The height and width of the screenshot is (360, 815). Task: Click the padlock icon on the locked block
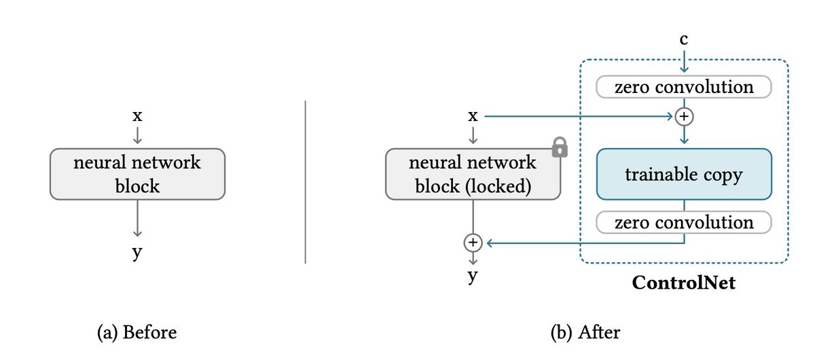click(559, 147)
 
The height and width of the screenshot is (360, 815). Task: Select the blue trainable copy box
click(684, 175)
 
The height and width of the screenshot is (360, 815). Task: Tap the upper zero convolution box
click(684, 87)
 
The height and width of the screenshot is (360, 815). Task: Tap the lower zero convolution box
click(684, 222)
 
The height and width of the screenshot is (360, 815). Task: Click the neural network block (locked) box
click(473, 174)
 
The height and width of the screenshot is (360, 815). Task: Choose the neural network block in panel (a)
click(137, 174)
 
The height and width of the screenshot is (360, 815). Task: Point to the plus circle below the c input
click(684, 116)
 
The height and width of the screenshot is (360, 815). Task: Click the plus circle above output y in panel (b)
click(473, 241)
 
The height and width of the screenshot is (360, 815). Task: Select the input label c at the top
click(684, 40)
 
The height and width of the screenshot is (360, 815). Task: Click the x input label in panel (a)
click(137, 116)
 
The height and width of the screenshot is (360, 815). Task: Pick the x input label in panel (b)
click(473, 116)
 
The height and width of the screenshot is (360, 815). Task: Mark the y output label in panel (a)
click(137, 253)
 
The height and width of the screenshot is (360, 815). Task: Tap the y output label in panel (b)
click(473, 276)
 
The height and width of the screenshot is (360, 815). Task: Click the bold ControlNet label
click(684, 282)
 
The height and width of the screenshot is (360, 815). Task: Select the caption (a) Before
click(137, 333)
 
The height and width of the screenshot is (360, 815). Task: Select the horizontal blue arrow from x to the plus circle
click(577, 116)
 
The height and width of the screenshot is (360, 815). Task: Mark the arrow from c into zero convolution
click(684, 61)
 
